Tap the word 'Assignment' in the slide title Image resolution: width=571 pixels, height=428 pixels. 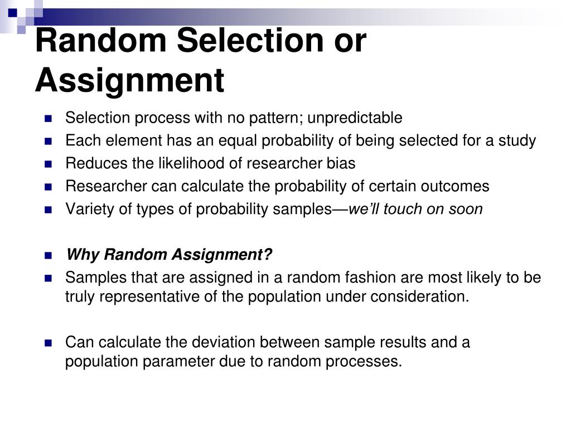(x=129, y=80)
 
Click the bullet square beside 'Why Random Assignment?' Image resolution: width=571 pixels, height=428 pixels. (x=49, y=255)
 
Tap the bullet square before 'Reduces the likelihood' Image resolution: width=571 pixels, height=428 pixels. (x=49, y=164)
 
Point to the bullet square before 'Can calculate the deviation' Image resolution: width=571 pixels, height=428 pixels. (x=49, y=342)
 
